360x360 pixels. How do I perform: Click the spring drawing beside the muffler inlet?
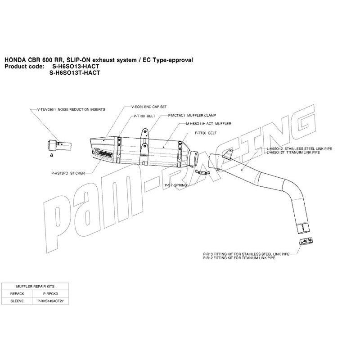click(202, 172)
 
